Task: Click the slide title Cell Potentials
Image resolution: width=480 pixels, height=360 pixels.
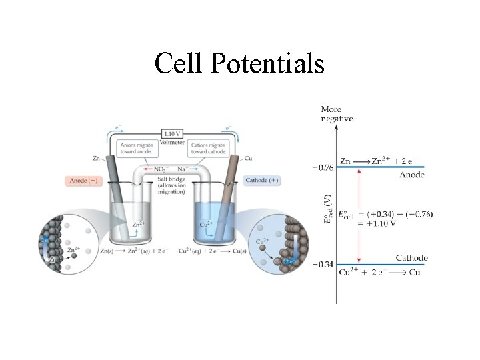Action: (x=239, y=63)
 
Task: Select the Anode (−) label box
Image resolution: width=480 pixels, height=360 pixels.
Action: (x=85, y=181)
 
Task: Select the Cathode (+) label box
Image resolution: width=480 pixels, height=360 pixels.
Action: (x=262, y=181)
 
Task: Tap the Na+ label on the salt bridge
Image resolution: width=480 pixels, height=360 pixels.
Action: (x=181, y=169)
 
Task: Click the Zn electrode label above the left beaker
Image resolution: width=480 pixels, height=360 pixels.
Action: (x=96, y=158)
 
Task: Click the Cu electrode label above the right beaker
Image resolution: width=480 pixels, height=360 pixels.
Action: (x=248, y=158)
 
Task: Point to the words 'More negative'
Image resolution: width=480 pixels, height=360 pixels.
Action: (x=337, y=114)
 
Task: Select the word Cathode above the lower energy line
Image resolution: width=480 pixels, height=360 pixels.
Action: (x=411, y=258)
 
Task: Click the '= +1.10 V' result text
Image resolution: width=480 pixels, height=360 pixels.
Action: (x=377, y=223)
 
